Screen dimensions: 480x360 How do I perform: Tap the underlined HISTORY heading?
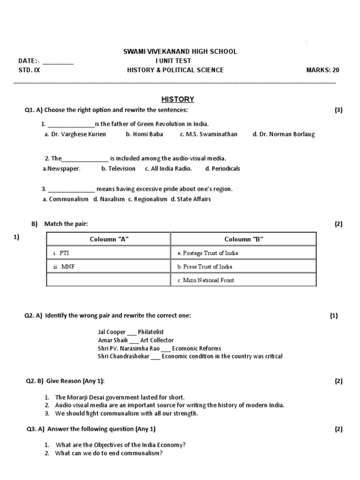point(178,99)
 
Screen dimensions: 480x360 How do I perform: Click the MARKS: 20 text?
point(322,70)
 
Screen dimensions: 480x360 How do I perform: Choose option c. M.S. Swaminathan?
point(208,134)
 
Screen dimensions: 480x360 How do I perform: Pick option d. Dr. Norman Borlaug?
point(284,134)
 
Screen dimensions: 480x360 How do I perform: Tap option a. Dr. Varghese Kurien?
point(75,134)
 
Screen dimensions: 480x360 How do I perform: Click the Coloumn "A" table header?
point(109,240)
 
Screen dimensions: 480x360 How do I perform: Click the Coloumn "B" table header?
point(244,240)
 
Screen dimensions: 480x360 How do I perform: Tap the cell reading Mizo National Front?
point(206,280)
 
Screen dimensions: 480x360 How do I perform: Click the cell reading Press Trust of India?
point(205,267)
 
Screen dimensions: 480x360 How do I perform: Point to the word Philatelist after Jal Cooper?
point(150,332)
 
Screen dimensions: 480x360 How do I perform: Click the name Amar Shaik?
point(113,340)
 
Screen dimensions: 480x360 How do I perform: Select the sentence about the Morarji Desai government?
point(120,397)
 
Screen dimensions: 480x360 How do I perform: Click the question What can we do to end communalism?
point(109,453)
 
